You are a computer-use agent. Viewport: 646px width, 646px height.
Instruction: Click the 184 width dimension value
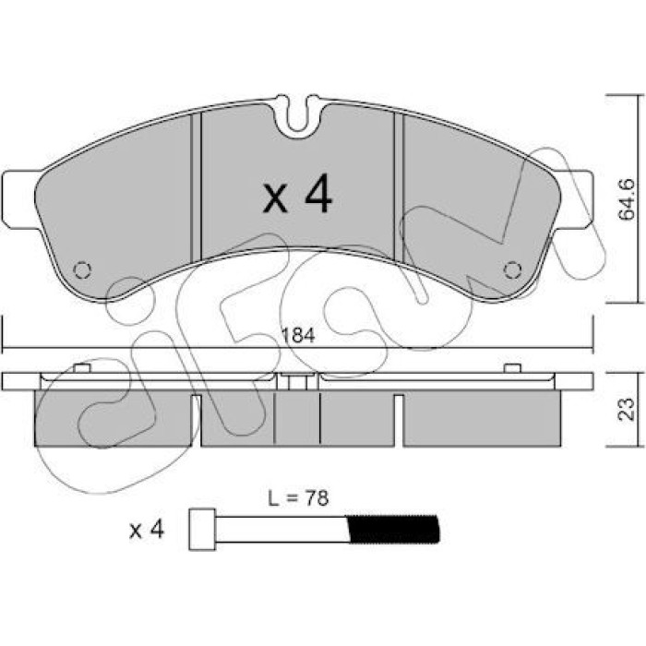298,335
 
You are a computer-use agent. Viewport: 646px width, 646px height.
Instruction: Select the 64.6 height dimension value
627,200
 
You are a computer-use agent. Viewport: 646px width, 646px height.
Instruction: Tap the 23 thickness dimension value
627,408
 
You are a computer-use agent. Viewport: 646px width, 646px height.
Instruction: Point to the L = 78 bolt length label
298,497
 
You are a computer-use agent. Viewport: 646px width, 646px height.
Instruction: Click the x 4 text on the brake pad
297,194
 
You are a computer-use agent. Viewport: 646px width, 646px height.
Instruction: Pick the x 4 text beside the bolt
147,530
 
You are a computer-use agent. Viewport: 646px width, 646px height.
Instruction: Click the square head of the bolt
202,530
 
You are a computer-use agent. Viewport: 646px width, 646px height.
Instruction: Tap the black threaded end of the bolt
393,529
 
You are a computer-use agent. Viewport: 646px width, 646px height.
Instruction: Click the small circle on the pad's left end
82,270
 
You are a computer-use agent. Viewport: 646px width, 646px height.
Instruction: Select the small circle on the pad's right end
512,270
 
